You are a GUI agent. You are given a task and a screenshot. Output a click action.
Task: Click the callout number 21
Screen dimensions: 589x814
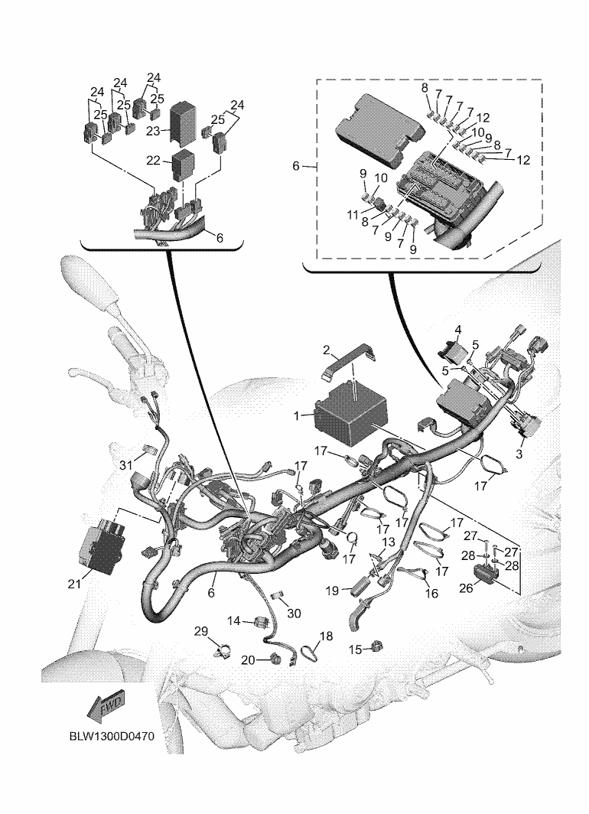point(74,584)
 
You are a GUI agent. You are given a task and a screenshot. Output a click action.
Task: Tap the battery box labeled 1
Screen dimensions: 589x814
point(351,412)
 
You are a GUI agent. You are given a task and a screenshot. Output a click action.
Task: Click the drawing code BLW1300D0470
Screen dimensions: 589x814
point(112,737)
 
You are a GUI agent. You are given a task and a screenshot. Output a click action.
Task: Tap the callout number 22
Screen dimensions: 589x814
point(153,161)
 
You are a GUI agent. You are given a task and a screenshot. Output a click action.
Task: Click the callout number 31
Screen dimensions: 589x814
point(126,466)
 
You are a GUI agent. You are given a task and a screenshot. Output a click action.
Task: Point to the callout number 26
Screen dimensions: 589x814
point(467,588)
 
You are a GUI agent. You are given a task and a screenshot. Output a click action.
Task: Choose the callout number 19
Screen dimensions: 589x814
point(332,591)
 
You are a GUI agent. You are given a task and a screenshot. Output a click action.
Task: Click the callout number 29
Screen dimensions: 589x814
point(201,631)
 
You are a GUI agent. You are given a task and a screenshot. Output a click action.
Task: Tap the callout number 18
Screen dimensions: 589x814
point(326,636)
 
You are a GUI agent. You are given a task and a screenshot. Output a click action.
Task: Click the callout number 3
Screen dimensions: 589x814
point(519,454)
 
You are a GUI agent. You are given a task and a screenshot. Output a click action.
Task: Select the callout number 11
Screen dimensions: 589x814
point(353,214)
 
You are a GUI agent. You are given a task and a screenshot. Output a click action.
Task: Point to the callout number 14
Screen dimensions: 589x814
point(234,620)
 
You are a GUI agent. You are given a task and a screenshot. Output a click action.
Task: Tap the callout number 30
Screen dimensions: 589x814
point(294,613)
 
